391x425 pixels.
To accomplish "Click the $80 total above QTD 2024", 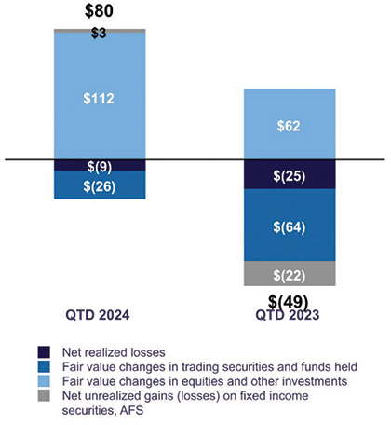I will tap(100, 13).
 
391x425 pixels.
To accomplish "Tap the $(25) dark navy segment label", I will tap(288, 174).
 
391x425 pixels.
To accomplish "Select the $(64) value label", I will tap(288, 225).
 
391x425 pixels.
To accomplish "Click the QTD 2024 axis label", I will tap(99, 316).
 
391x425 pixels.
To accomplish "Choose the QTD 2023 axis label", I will tap(288, 316).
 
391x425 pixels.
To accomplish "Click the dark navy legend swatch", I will tap(43, 352).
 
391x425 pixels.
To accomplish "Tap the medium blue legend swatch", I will tap(43, 366).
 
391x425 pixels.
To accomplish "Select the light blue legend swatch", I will tap(43, 380).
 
